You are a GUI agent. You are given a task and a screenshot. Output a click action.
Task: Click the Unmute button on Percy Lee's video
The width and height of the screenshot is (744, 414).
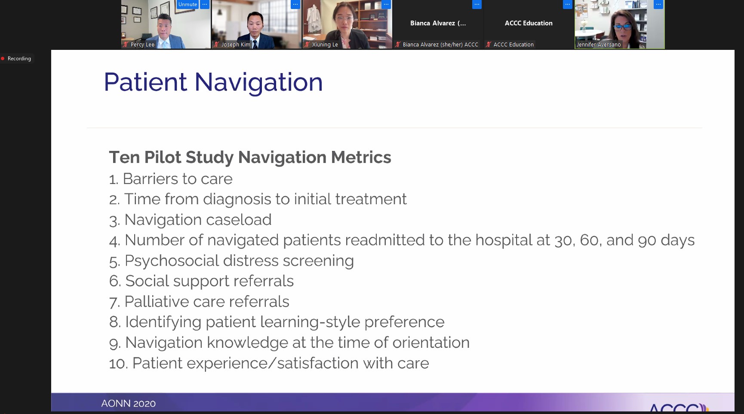(188, 4)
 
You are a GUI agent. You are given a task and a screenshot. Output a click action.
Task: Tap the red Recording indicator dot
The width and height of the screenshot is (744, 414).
(3, 58)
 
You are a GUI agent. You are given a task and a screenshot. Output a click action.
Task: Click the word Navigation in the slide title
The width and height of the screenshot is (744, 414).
(258, 82)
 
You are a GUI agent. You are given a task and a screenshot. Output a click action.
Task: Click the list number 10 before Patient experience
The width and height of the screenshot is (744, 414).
(118, 364)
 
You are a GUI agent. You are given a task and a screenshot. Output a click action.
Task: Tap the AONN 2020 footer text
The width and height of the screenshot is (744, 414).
(128, 404)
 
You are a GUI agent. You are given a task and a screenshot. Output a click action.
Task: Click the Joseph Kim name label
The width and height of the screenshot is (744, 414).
(236, 44)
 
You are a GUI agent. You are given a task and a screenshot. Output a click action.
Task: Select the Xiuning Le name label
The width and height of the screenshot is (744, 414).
(325, 44)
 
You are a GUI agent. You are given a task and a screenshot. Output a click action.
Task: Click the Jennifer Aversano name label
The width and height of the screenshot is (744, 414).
(599, 44)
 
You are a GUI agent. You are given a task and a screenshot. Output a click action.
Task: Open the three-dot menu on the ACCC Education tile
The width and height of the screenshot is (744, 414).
(568, 4)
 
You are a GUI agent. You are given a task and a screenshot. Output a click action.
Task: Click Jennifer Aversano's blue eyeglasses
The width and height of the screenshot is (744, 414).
(622, 26)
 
